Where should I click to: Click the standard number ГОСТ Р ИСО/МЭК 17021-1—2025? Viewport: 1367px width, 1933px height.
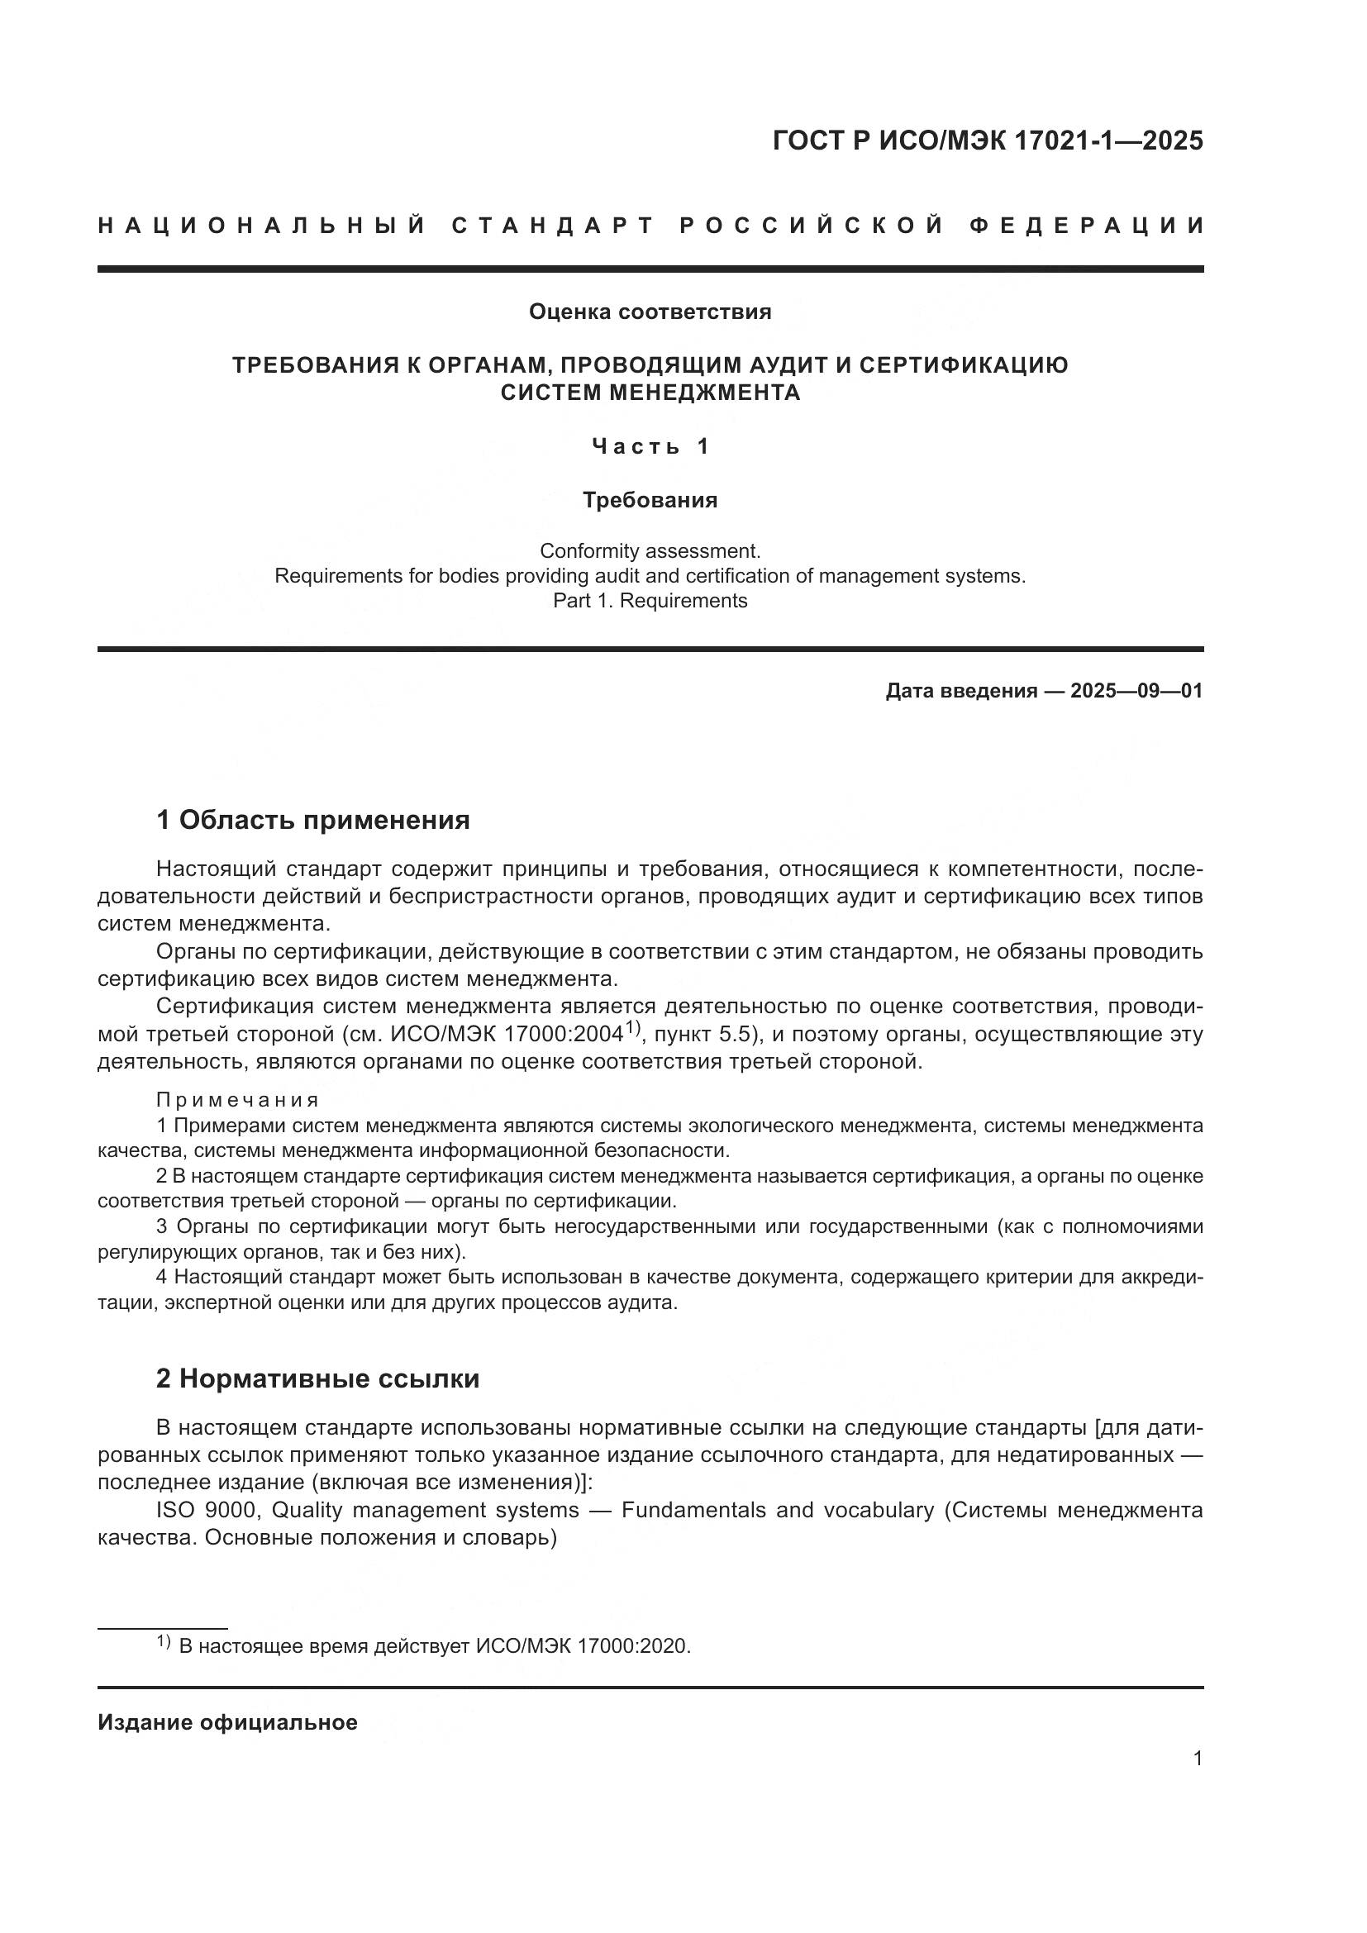pyautogui.click(x=988, y=140)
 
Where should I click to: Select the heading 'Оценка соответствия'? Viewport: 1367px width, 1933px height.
pyautogui.click(x=650, y=312)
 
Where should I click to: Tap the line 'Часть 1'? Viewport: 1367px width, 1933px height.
pyautogui.click(x=650, y=446)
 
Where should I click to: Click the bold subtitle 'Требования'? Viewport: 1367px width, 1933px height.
pyautogui.click(x=650, y=500)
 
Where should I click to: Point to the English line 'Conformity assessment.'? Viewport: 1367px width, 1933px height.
pyautogui.click(x=650, y=551)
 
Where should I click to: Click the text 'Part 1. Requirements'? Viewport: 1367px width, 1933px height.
pyautogui.click(x=650, y=601)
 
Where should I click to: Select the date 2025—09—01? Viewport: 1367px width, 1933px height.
pyautogui.click(x=1136, y=691)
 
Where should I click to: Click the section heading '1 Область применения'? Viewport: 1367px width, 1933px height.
pyautogui.click(x=313, y=819)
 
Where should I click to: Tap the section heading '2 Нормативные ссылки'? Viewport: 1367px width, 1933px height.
pyautogui.click(x=318, y=1378)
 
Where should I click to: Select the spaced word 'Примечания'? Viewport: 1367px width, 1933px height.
pyautogui.click(x=237, y=1100)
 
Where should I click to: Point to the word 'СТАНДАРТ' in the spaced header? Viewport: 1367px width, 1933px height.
pyautogui.click(x=551, y=226)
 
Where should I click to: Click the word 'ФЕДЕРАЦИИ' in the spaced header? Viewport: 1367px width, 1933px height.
pyautogui.click(x=1086, y=226)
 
